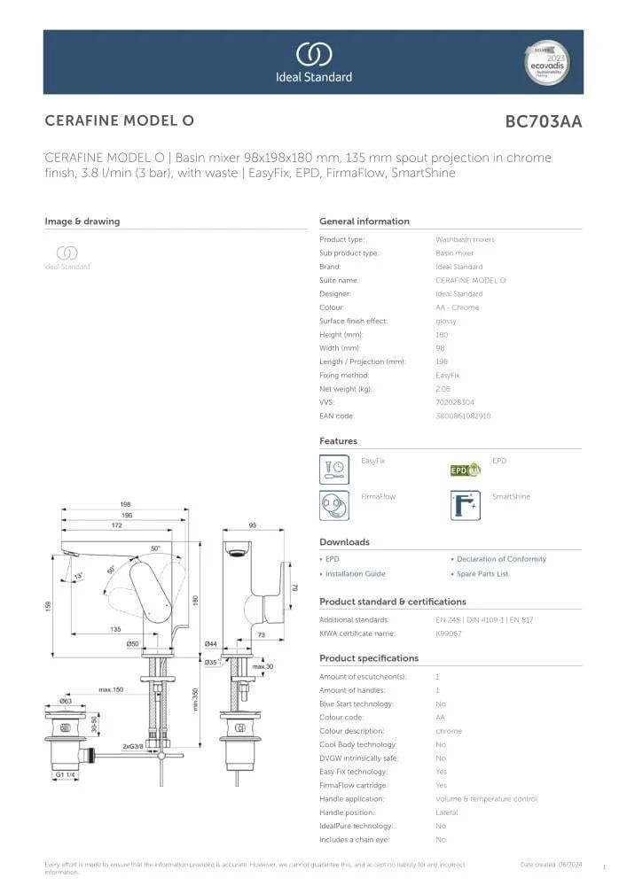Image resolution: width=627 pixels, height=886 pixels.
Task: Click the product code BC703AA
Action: pyautogui.click(x=543, y=122)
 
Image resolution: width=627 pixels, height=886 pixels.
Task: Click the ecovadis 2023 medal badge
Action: pyautogui.click(x=546, y=62)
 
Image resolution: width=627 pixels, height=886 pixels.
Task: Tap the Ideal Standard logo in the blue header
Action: pyautogui.click(x=313, y=62)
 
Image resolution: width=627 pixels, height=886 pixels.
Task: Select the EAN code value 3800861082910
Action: pyautogui.click(x=463, y=416)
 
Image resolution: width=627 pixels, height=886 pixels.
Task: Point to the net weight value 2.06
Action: pyautogui.click(x=443, y=389)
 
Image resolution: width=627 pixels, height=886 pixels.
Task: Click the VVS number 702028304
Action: pyautogui.click(x=455, y=402)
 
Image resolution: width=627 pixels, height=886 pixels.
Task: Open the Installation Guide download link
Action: pyautogui.click(x=355, y=574)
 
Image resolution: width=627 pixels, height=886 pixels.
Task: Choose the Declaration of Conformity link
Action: pyautogui.click(x=501, y=559)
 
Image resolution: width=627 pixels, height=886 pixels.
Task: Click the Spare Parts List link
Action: pyautogui.click(x=482, y=574)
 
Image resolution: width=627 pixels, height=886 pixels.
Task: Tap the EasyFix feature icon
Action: pyautogui.click(x=334, y=469)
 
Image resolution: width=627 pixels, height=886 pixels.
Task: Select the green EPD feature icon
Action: pyautogui.click(x=466, y=470)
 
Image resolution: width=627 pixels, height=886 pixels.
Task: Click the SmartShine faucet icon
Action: pyautogui.click(x=466, y=505)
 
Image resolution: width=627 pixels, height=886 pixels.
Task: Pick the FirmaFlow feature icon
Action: pyautogui.click(x=334, y=505)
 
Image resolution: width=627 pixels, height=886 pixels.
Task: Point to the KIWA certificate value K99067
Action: pyautogui.click(x=447, y=633)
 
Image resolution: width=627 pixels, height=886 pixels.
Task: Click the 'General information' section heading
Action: pyautogui.click(x=364, y=221)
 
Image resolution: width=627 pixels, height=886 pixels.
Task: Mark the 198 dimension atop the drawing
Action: pyautogui.click(x=126, y=505)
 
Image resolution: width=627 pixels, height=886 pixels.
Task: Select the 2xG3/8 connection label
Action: pyautogui.click(x=134, y=746)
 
